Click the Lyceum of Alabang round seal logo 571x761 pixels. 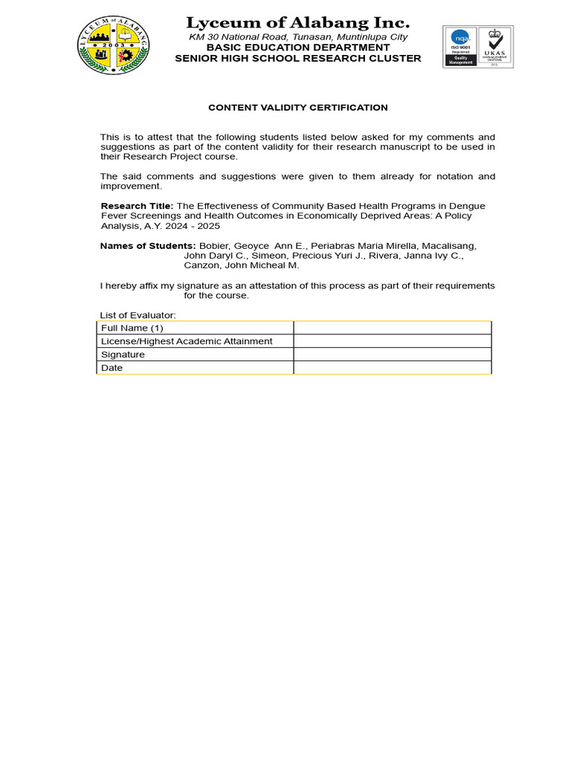coord(113,45)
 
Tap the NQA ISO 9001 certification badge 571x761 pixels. coord(459,47)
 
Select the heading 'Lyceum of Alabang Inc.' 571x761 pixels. coord(297,22)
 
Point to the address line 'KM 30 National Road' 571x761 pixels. coord(297,36)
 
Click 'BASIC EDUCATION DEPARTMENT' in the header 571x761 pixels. coord(297,47)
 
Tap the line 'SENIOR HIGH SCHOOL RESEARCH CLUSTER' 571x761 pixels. coord(297,58)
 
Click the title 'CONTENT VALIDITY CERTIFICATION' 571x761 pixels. coord(297,108)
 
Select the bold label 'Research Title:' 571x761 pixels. coord(137,205)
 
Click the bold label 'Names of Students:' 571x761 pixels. coord(148,245)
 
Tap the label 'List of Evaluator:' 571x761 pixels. coord(138,315)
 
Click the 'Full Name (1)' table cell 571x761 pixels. coord(132,328)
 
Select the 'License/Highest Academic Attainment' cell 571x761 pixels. coord(187,341)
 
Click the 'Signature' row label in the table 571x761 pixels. coord(123,354)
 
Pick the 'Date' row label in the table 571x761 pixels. coord(112,368)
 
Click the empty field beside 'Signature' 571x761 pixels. coord(392,354)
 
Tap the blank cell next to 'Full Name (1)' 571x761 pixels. coord(392,328)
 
